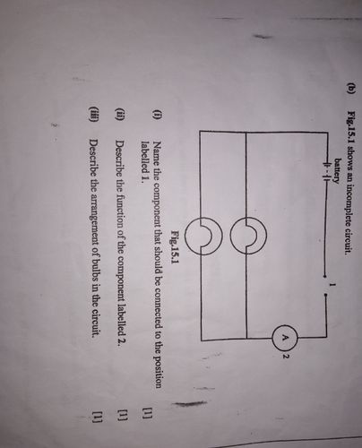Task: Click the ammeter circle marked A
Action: coord(285,339)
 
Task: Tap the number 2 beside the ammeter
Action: coord(286,357)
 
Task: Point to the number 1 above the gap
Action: coord(331,285)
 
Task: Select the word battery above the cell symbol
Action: coord(337,170)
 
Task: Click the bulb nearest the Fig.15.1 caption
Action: coord(203,236)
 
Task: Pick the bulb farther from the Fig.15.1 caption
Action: coord(248,236)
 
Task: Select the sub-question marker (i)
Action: coord(157,115)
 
